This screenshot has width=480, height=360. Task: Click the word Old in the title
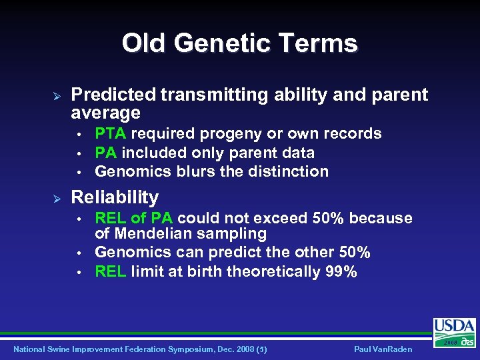coord(143,43)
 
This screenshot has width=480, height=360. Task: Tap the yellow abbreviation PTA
coord(110,133)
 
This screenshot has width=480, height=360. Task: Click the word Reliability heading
coord(115,197)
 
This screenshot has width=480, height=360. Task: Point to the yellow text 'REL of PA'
coord(135,219)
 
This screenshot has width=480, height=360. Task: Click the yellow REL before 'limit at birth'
coord(111,271)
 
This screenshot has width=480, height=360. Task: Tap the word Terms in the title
coord(322,43)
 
